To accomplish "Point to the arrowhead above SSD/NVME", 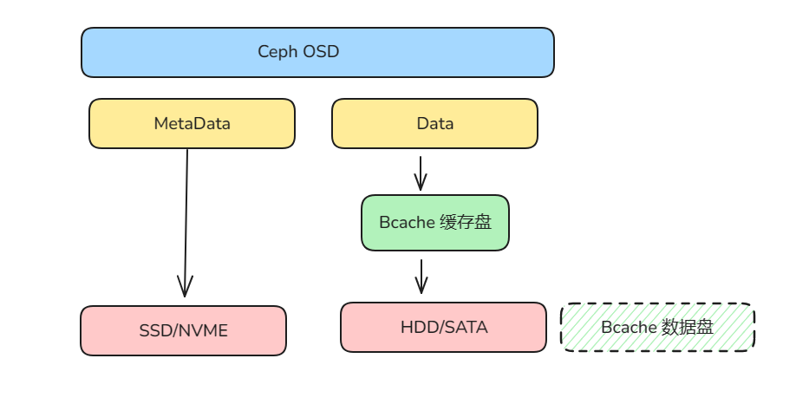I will tap(184, 287).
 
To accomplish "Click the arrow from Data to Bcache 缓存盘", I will tap(421, 173).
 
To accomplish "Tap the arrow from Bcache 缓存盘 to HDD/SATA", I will tap(421, 277).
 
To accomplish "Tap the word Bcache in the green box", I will tap(407, 223).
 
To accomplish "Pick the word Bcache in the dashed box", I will tap(629, 328).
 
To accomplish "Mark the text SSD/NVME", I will tap(183, 330).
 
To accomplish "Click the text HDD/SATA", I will tap(443, 327).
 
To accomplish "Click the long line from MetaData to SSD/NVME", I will tap(186, 217).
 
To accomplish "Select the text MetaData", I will tap(192, 123).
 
